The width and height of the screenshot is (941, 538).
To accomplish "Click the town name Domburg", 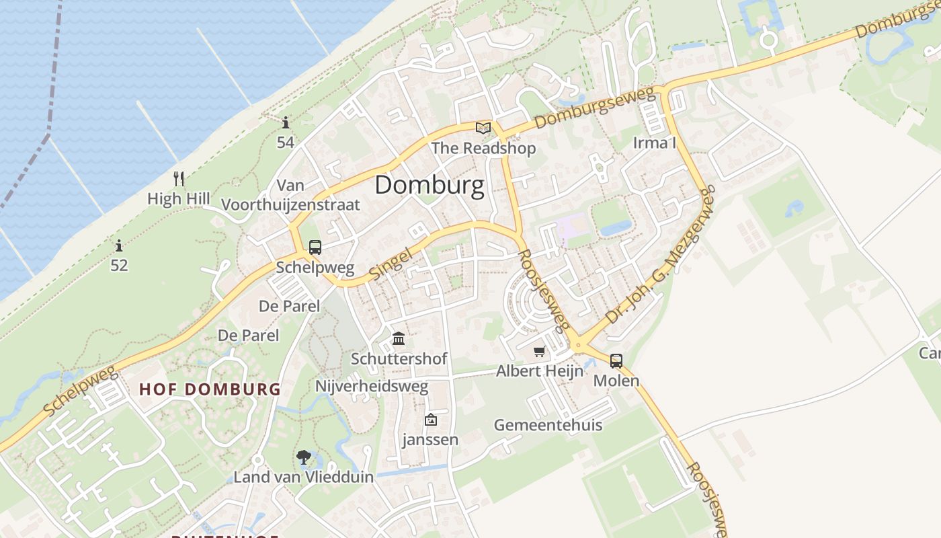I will pos(429,185).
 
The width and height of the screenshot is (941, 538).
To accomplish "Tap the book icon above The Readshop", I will pos(483,128).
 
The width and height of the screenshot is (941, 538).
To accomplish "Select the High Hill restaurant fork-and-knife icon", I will pos(179,179).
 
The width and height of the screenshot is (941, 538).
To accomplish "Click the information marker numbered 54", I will pos(286,123).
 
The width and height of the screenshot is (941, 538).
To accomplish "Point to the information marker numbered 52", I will pos(119,246).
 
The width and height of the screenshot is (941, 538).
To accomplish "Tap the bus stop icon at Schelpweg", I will pos(315,247).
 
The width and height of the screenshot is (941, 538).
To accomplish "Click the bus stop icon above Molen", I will pos(616,361).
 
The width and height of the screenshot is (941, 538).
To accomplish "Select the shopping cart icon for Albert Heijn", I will pos(539,352).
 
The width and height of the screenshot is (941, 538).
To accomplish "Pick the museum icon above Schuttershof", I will pos(399,338).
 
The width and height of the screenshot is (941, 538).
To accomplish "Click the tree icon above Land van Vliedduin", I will pos(304,458).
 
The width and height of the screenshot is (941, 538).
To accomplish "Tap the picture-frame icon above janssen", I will pos(430,420).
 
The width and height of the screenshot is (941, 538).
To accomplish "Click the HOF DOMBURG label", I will pos(210,389).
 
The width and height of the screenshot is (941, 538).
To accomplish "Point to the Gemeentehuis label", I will pos(548,425).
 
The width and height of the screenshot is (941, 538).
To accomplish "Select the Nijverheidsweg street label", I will pos(372,387).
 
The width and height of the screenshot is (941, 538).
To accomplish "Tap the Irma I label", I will pos(654,143).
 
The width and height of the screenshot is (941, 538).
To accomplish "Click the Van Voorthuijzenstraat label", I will pos(290,195).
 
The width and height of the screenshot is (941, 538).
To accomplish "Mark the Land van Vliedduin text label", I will pos(303,477).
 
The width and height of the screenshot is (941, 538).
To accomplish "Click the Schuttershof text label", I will pos(399,359).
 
